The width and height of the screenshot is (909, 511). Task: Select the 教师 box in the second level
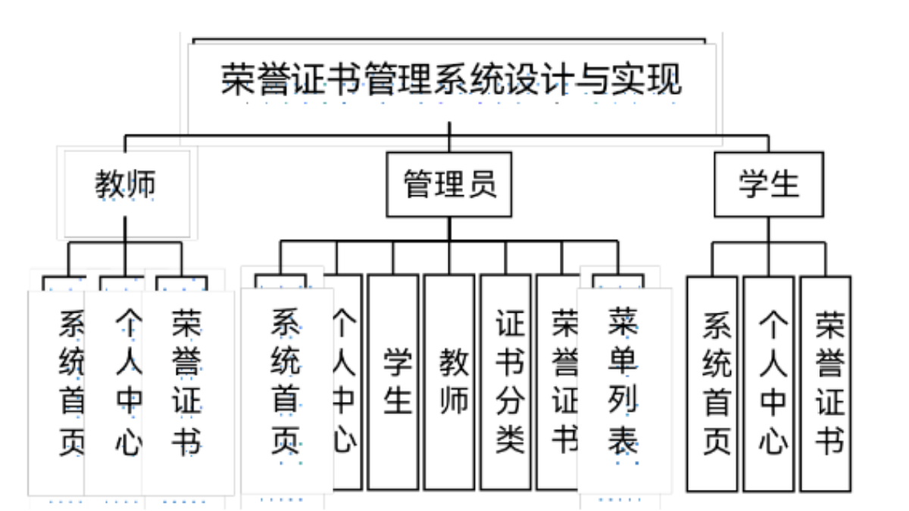pyautogui.click(x=126, y=185)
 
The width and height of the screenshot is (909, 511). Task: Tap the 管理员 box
pyautogui.click(x=449, y=185)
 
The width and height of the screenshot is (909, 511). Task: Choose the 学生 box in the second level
pyautogui.click(x=768, y=185)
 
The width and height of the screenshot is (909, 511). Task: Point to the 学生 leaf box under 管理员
pyautogui.click(x=393, y=382)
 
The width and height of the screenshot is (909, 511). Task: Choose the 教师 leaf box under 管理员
pyautogui.click(x=449, y=382)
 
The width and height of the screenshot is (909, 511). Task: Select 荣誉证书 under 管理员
pyautogui.click(x=561, y=382)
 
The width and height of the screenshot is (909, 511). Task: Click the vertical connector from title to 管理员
pyautogui.click(x=449, y=137)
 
